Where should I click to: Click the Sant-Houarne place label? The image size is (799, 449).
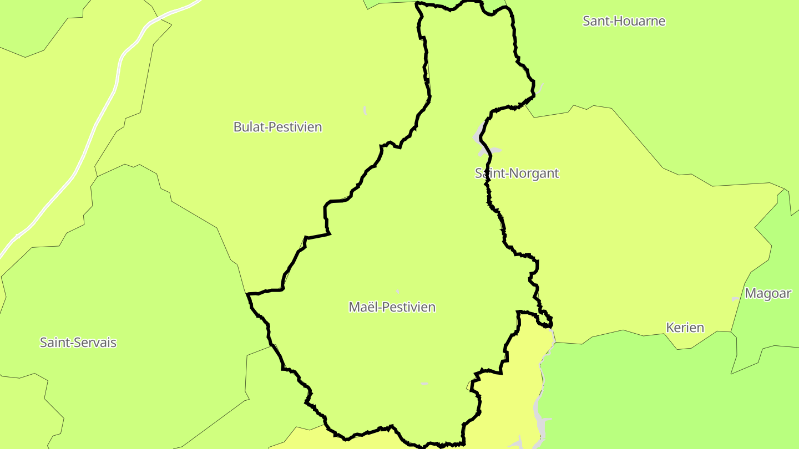click(x=624, y=21)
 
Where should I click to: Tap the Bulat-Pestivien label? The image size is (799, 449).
click(x=277, y=127)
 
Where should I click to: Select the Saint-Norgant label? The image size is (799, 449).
click(x=517, y=173)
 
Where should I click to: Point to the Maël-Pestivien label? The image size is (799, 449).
click(x=392, y=307)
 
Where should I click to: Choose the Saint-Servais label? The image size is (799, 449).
click(x=78, y=343)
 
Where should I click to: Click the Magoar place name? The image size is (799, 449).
click(x=767, y=293)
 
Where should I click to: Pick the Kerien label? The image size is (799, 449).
click(x=685, y=328)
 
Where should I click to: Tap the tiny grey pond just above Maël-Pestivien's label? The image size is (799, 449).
click(x=397, y=291)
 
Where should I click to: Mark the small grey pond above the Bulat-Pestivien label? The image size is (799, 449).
click(x=365, y=110)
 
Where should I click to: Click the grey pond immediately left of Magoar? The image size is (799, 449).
click(x=736, y=299)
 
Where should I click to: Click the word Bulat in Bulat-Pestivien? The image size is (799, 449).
click(x=248, y=127)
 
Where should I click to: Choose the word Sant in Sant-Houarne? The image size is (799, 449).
click(x=595, y=21)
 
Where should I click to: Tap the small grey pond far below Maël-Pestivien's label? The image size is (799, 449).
click(x=424, y=383)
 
